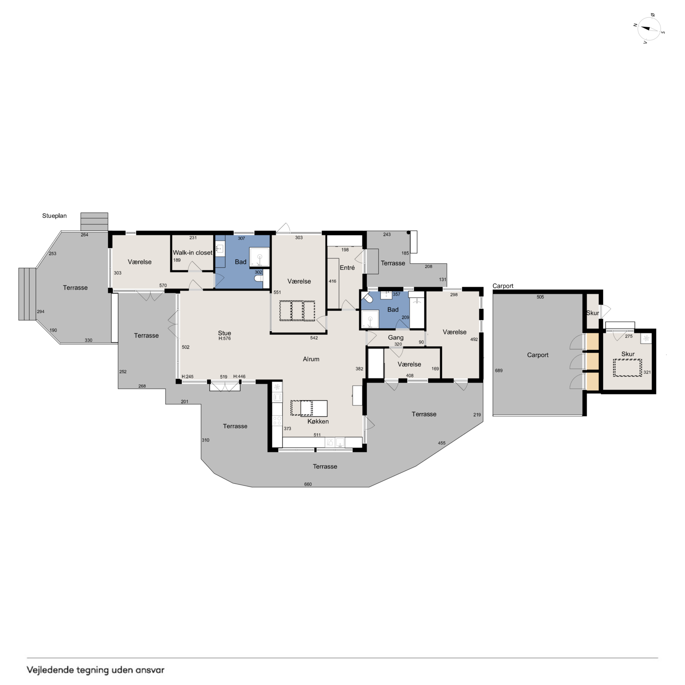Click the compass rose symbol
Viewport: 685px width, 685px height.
point(649,29)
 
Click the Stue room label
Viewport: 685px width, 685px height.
point(224,333)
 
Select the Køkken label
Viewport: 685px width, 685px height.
point(318,422)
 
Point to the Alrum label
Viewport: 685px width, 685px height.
point(311,359)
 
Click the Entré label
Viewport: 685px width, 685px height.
point(347,268)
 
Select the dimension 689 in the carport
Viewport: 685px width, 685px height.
point(498,370)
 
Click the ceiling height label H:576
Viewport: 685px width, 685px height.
point(225,339)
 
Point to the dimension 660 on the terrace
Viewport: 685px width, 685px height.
point(308,484)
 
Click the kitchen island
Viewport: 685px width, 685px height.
point(314,408)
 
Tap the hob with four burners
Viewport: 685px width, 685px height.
point(277,420)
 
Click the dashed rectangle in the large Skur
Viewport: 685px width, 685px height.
point(628,368)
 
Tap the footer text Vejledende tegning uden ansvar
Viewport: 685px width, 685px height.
point(96,670)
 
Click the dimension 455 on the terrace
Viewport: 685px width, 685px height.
point(441,443)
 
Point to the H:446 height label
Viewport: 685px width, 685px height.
point(239,376)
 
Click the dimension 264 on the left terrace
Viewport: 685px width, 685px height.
point(84,235)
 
